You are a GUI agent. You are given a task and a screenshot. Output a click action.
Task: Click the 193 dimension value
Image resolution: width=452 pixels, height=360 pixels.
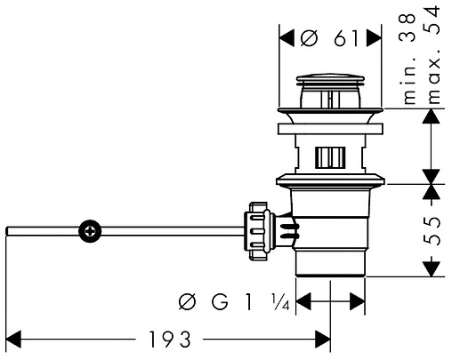[x=170, y=340]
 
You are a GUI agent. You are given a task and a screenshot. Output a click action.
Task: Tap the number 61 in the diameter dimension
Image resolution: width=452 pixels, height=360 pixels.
[x=346, y=38]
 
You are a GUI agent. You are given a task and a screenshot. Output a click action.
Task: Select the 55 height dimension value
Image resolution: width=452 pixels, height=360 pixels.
[x=431, y=230]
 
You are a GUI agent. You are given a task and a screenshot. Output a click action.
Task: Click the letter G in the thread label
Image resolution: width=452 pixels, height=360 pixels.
[x=220, y=302]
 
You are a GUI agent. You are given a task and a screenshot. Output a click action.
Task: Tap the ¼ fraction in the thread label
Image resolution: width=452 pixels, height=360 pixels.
[x=280, y=302]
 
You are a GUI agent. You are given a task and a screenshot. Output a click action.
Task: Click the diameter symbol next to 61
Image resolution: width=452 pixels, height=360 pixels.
[x=309, y=38]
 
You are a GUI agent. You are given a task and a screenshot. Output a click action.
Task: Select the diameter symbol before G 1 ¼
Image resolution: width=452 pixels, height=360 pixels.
[x=188, y=302]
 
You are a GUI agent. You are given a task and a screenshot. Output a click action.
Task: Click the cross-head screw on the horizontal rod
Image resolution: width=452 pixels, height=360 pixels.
[x=90, y=231]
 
